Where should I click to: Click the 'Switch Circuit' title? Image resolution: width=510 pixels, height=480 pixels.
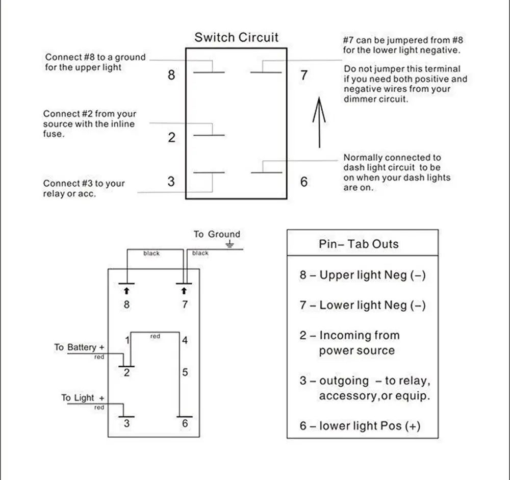point(237,38)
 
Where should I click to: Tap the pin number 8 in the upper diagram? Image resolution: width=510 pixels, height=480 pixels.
point(171,75)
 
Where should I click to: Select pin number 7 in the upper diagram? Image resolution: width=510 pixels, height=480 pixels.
point(304,75)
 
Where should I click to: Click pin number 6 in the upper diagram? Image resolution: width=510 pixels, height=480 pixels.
point(304,182)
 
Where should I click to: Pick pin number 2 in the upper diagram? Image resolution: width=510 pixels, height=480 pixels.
point(171,137)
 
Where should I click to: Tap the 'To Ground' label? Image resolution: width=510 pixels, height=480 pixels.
point(216,235)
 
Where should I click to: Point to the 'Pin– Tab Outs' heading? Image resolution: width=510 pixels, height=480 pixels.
point(359,244)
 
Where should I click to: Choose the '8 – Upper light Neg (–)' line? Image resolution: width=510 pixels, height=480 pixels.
point(363,275)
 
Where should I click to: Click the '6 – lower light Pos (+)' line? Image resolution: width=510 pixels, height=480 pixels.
point(360,426)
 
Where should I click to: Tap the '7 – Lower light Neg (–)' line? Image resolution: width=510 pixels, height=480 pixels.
point(363,306)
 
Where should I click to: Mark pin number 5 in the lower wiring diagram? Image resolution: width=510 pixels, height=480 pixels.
point(185,372)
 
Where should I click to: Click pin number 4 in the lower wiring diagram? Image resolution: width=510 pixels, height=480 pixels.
point(185,340)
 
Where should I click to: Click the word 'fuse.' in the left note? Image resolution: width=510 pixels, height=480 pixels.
point(54,134)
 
